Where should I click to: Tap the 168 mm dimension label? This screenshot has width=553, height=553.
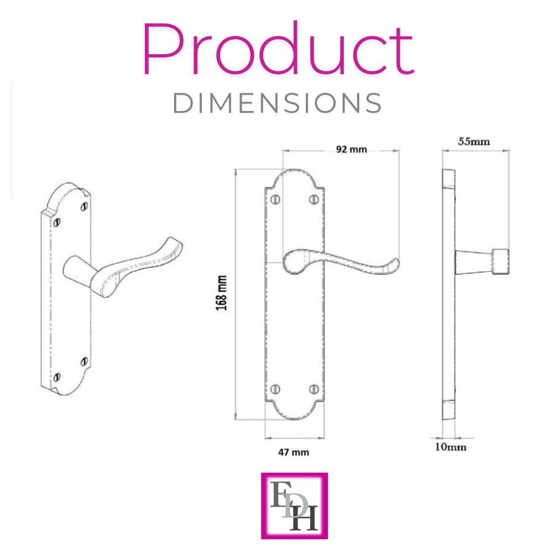pos(221,293)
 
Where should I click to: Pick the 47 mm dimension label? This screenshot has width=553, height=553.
pos(293,452)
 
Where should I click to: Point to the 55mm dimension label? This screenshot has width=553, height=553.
pos(474,141)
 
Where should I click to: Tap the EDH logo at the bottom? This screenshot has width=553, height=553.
pos(294,505)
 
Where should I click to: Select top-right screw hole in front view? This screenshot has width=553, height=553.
pos(315,199)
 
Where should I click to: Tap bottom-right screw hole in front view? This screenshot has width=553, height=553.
pos(315,389)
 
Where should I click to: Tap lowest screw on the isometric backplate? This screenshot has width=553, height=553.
pos(56,378)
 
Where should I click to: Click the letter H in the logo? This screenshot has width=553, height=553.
pos(308,520)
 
